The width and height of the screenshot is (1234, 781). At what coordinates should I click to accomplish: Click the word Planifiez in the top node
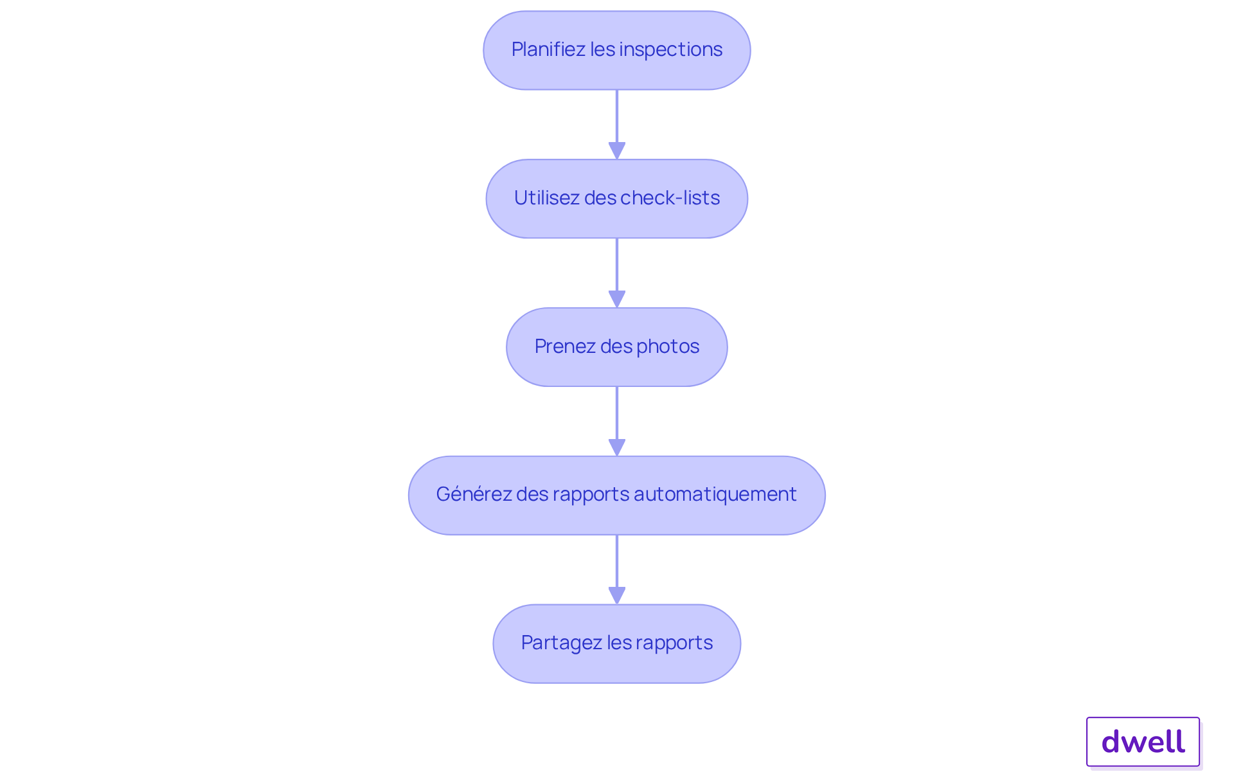(548, 49)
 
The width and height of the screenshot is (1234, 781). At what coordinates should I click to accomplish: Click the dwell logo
(1143, 742)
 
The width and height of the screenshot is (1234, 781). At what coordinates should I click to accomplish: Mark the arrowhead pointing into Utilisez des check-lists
(617, 150)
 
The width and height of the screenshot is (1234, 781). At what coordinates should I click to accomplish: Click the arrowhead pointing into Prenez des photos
(617, 299)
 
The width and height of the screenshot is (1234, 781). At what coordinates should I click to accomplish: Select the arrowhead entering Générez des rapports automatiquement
(617, 447)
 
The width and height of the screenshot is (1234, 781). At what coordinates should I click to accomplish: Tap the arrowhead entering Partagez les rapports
(617, 595)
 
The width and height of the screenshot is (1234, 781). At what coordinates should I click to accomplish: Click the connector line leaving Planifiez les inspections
(617, 116)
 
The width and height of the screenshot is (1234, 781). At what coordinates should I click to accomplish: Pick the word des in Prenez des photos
(616, 346)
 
